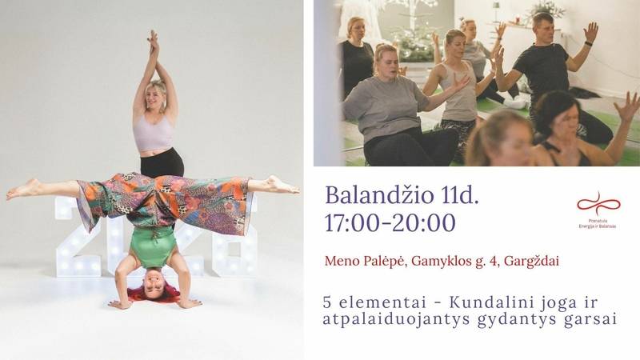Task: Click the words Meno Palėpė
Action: click(366, 260)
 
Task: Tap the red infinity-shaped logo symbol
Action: click(598, 203)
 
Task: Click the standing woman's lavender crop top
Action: click(153, 132)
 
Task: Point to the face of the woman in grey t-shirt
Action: click(387, 59)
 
